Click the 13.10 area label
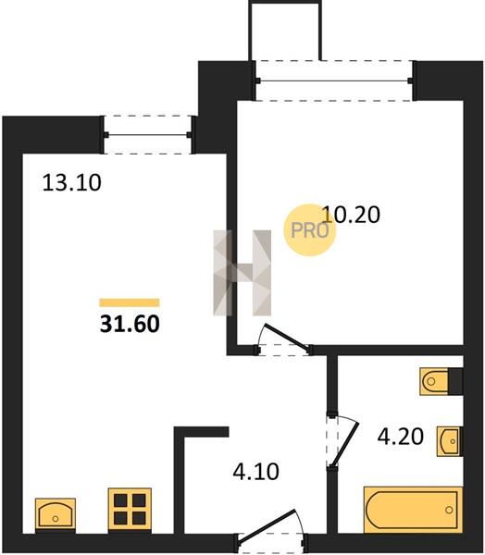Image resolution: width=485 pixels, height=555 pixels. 71,183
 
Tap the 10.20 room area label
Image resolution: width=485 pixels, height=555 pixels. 351,215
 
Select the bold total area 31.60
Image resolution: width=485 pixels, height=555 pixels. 130,324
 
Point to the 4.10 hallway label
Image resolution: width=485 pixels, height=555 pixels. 255,472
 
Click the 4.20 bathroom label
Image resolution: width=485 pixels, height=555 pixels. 401,436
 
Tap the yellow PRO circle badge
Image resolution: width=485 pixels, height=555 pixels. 309,230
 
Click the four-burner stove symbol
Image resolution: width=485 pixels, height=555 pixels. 130,510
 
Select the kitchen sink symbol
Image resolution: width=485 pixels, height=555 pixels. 56,514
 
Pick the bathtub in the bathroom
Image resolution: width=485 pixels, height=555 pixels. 413,510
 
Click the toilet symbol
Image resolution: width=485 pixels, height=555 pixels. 434,381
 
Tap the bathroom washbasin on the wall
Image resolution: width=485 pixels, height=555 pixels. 449,441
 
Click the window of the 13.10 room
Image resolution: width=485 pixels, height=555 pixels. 148,135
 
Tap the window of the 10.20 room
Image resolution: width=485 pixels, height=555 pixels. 334,80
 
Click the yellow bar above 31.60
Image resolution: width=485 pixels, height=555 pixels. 130,302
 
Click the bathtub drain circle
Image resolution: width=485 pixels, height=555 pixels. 449,510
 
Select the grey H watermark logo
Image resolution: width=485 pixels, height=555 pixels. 242,273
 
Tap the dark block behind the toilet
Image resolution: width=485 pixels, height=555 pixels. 455,381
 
